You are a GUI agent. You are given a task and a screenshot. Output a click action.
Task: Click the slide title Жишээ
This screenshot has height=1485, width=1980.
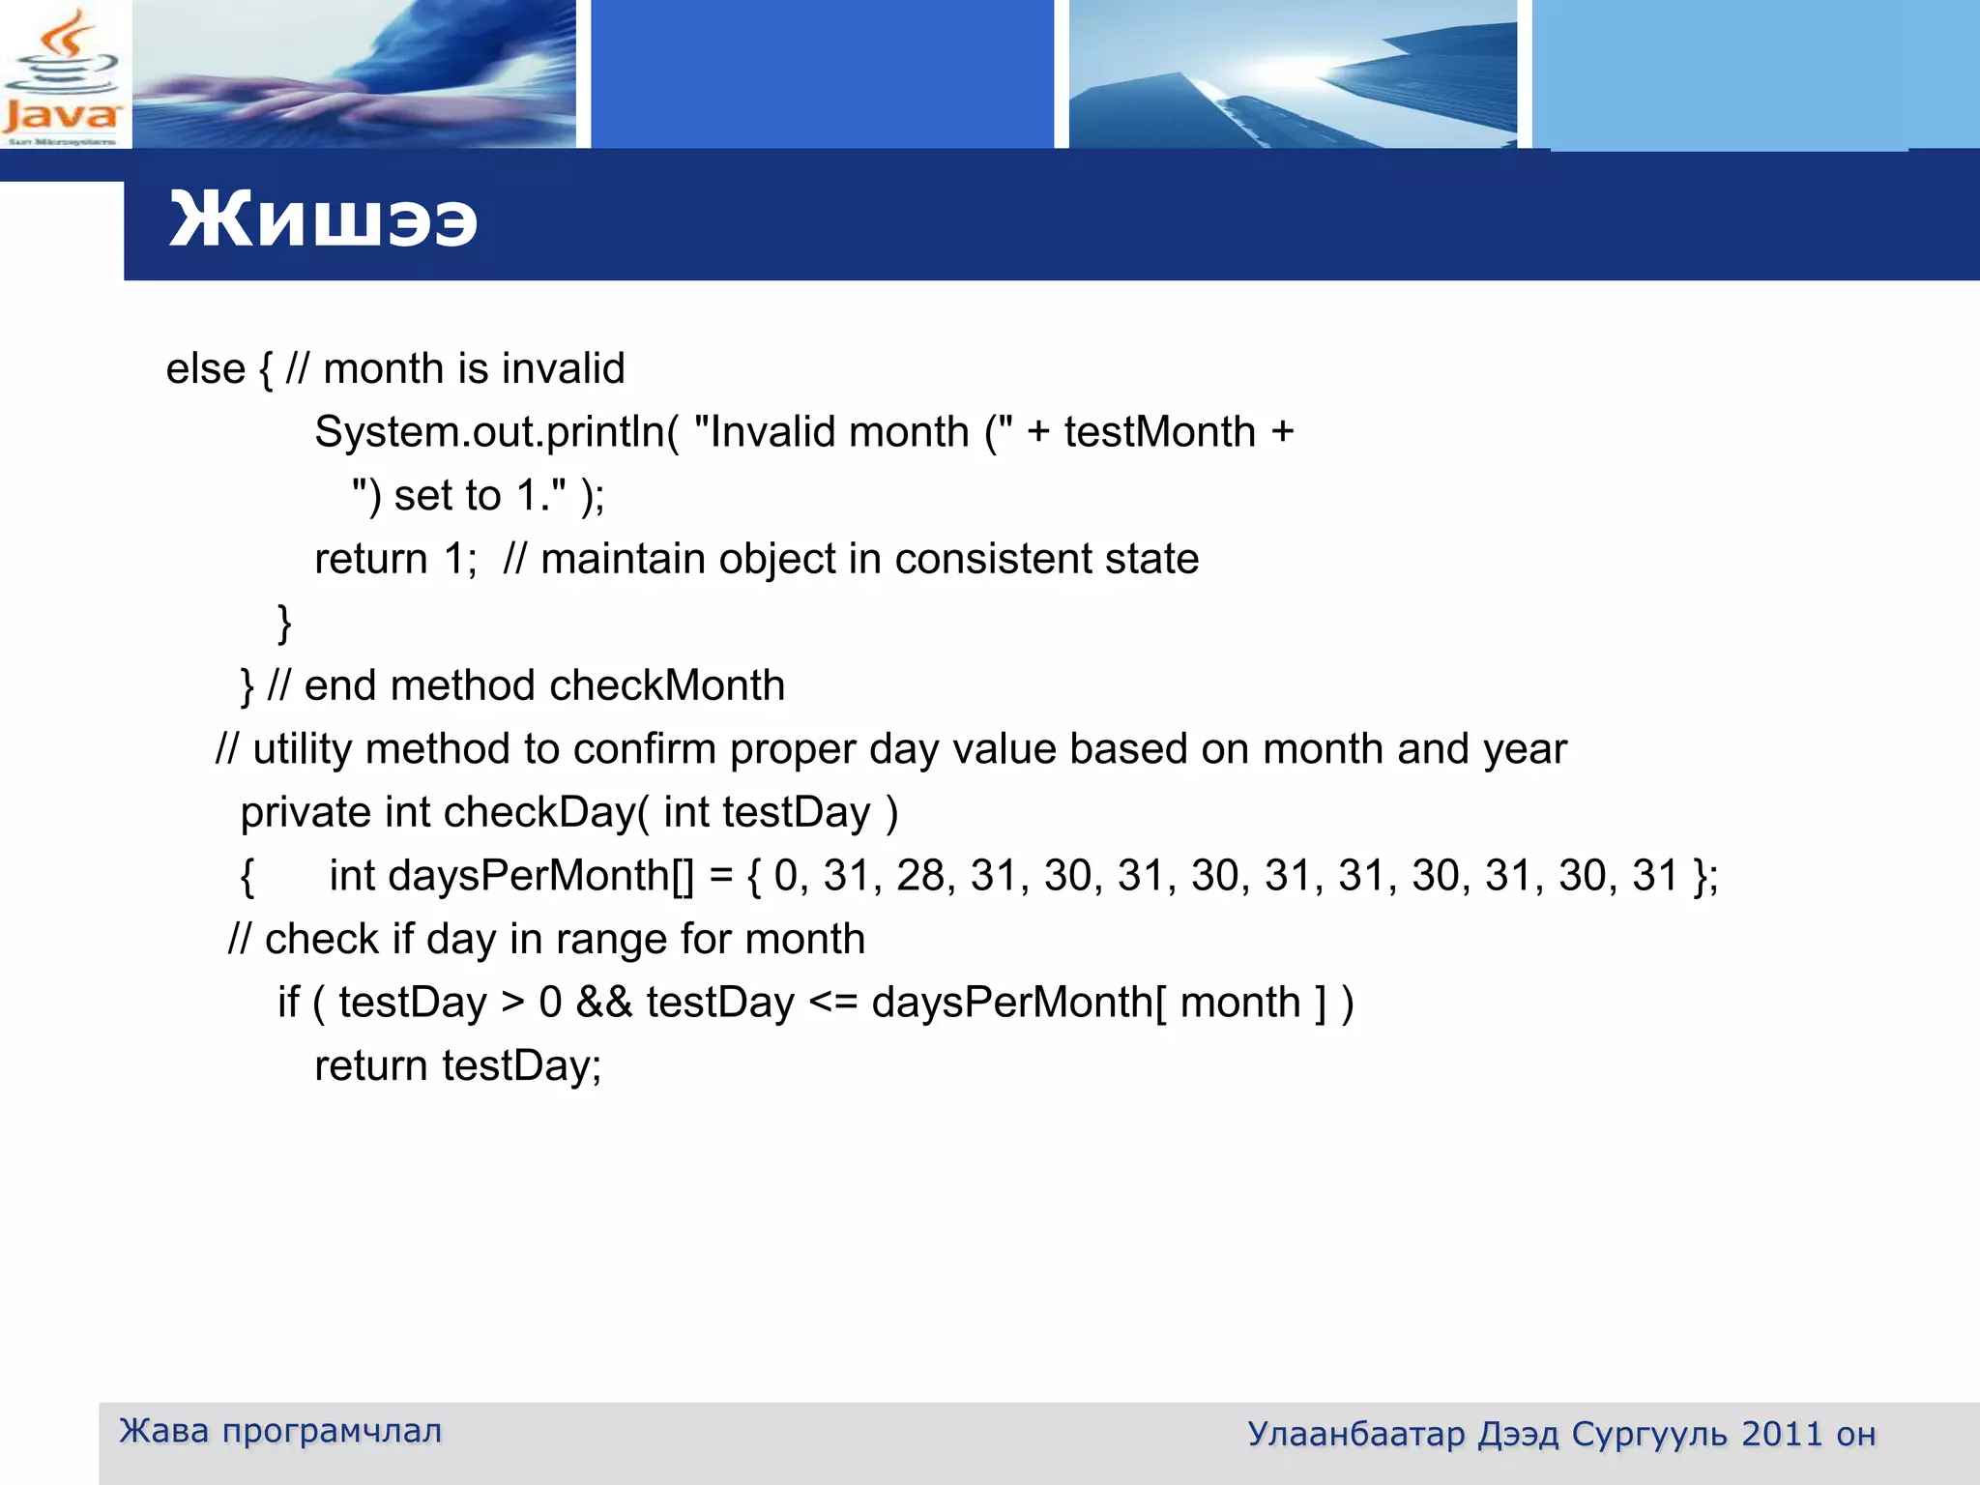pos(323,220)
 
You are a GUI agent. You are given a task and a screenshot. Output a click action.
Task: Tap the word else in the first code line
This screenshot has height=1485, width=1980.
pos(205,369)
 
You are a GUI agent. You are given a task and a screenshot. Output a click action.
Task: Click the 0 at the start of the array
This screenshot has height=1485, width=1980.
pos(786,876)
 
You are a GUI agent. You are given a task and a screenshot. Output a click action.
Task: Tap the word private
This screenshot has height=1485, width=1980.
pos(305,813)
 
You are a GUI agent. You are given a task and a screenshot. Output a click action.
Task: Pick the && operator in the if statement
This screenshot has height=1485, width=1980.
pos(603,1003)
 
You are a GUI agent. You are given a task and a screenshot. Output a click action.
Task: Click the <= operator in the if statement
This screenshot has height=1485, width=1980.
pos(832,1003)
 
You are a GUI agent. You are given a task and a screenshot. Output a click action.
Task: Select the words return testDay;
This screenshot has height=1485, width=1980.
pos(457,1066)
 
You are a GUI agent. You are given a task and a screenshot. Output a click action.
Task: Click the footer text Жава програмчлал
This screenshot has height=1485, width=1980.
pos(280,1431)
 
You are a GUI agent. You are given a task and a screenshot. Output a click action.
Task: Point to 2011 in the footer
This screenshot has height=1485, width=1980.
pos(1781,1435)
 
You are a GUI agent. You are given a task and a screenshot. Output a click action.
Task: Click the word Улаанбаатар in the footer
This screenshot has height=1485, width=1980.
pos(1355,1435)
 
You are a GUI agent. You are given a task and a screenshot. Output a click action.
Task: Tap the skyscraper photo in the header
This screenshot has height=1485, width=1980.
pos(1293,75)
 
